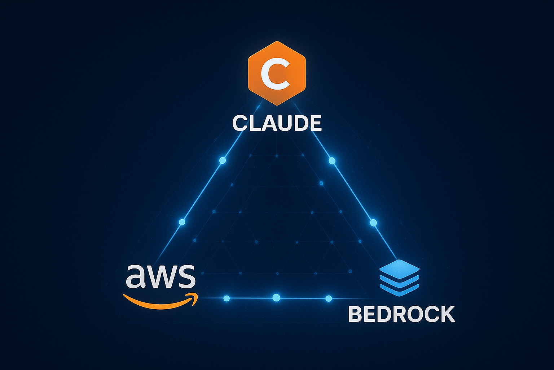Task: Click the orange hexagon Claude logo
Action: (x=277, y=73)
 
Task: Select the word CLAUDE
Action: (x=277, y=124)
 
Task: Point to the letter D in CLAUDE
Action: (x=298, y=124)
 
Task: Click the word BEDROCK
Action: (x=401, y=314)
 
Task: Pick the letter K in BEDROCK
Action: (x=446, y=314)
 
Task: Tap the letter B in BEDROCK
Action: (x=357, y=314)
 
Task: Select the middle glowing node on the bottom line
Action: (x=276, y=298)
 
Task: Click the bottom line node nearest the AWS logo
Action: (x=227, y=298)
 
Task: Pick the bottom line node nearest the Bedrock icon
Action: (x=328, y=298)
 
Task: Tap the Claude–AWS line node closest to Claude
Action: (x=223, y=160)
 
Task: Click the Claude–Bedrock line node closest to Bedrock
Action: (x=373, y=223)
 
